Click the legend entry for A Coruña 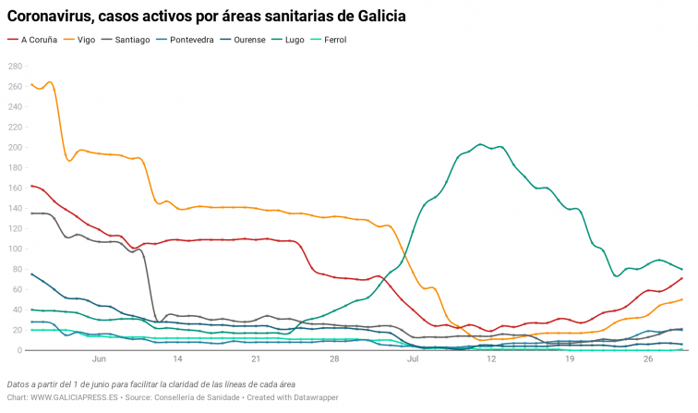pos(39,40)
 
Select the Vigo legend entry pos(86,40)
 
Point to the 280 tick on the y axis pos(15,67)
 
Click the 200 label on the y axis pos(15,148)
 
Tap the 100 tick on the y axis pos(15,249)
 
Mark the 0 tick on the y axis pos(19,351)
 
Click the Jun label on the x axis pos(99,359)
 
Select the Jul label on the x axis pos(412,359)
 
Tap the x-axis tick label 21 pos(255,359)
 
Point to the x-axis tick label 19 pos(570,359)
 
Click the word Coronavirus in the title pos(55,17)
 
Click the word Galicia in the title pos(379,17)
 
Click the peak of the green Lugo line pos(481,144)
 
